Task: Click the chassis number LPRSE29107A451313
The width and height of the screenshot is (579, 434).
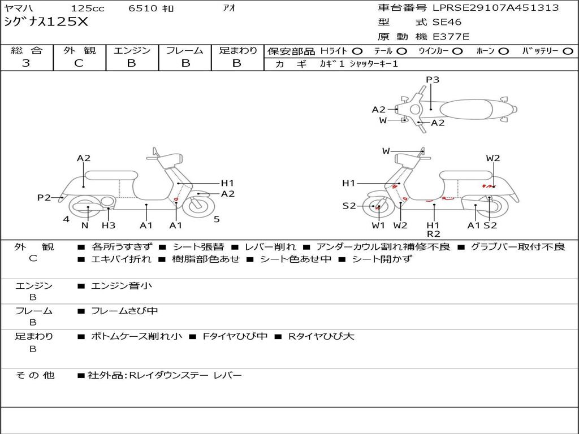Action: point(495,8)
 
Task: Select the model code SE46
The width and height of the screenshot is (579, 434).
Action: point(447,22)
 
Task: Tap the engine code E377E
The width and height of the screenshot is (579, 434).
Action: point(451,37)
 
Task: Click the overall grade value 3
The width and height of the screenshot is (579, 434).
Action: point(26,63)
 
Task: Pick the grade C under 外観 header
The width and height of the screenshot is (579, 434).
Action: point(79,63)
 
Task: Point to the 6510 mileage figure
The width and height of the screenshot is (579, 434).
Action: point(143,8)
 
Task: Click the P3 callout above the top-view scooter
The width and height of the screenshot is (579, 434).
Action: point(433,80)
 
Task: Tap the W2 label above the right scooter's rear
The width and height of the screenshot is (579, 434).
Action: point(493,158)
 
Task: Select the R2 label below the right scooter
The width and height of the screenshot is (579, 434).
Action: point(434,234)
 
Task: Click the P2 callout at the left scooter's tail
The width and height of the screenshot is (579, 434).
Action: point(44,198)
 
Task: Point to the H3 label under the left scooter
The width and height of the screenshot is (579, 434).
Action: point(109,225)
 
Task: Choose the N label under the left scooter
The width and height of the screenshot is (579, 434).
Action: point(85,225)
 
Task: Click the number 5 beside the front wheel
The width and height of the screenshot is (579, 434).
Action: point(217,220)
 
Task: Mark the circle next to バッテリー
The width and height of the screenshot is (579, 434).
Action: point(568,51)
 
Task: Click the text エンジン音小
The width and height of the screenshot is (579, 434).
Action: point(121,285)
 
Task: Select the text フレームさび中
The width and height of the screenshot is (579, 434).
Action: point(124,311)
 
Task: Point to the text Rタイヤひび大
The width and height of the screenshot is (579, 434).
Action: point(321,337)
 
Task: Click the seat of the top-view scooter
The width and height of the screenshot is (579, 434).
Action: point(466,110)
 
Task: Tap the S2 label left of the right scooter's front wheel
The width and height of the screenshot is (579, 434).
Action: point(349,206)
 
